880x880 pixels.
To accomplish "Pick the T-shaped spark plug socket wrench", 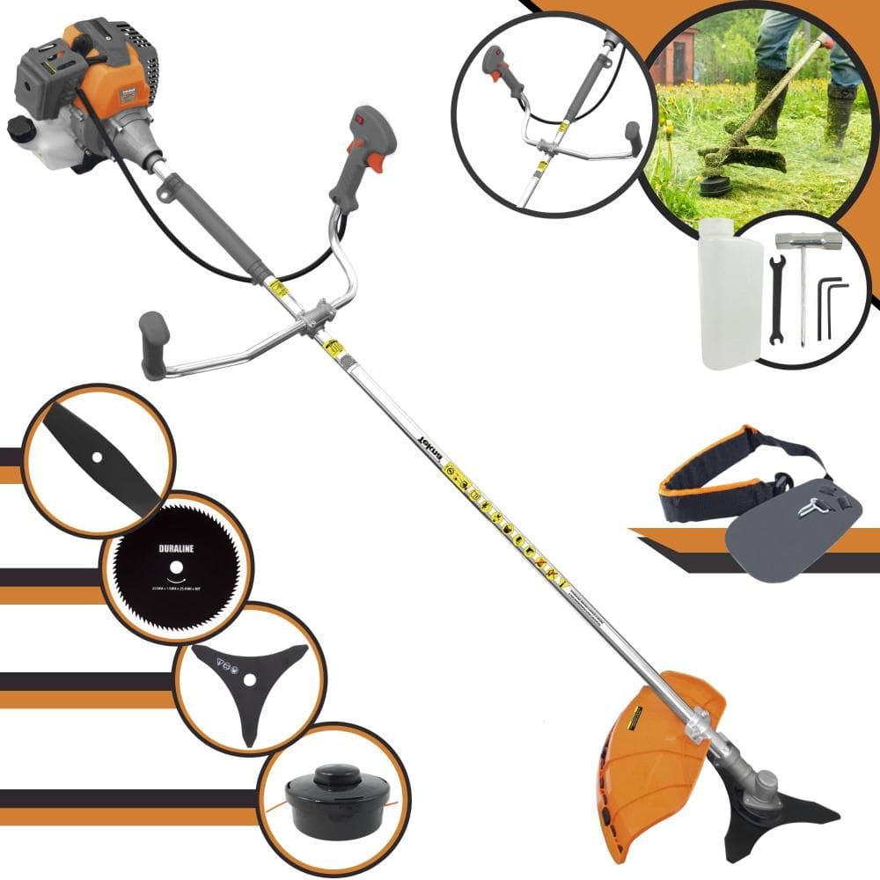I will (801, 282).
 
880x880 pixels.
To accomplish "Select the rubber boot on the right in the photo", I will (840, 114).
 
